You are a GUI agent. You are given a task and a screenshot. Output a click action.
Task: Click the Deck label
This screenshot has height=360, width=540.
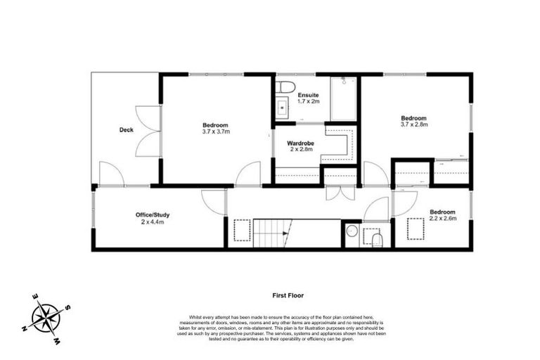pos(127,130)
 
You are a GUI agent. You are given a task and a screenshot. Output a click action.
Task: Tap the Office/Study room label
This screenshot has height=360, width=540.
pos(153,214)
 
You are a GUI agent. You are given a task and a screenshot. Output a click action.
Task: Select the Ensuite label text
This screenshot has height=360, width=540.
pos(308,95)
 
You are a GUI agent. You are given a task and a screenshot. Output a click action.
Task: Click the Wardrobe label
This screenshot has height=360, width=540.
pos(300,143)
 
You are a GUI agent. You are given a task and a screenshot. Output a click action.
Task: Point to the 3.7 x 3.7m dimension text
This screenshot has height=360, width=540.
pos(217,131)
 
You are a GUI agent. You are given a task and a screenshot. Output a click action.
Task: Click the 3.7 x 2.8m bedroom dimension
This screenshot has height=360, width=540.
pos(414,124)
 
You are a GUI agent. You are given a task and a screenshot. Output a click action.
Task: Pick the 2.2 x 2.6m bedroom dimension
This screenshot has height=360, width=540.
pos(442,218)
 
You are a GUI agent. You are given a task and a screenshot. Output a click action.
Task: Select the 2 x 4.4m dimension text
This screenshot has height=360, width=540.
pos(152,222)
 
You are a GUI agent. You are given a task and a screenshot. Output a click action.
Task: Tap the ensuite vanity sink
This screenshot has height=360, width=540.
pos(283,108)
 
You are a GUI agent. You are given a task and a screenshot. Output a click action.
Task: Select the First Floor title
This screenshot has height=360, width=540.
pos(288,297)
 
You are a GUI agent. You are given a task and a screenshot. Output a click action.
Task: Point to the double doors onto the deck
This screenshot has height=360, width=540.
pos(146,131)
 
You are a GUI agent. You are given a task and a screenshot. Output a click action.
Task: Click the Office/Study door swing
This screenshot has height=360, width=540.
pos(211,201)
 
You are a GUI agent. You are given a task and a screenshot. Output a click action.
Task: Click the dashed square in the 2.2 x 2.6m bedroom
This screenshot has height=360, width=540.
pos(417,229)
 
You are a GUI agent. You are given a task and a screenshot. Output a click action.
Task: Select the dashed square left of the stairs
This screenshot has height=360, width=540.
pos(241,229)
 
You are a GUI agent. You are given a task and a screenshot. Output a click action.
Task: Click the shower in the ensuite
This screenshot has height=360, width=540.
pos(344,98)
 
